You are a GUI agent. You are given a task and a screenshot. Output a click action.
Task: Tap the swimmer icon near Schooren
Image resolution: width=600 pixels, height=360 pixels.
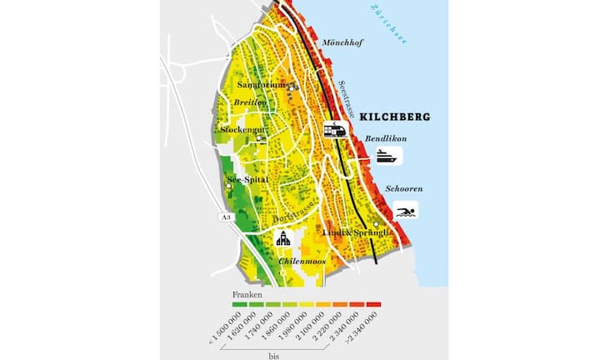coord(406,211)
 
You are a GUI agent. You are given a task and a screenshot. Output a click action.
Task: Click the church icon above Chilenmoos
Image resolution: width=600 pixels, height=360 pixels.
coord(282,239)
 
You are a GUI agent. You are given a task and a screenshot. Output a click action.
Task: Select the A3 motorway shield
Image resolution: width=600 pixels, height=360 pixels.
coord(225,217)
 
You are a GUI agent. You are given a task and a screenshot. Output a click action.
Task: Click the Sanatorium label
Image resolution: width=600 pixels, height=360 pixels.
coord(262,85)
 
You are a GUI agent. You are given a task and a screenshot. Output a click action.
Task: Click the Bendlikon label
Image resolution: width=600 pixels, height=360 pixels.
coord(384,138)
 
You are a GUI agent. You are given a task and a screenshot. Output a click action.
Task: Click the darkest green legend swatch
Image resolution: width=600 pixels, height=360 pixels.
coord(239,305)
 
